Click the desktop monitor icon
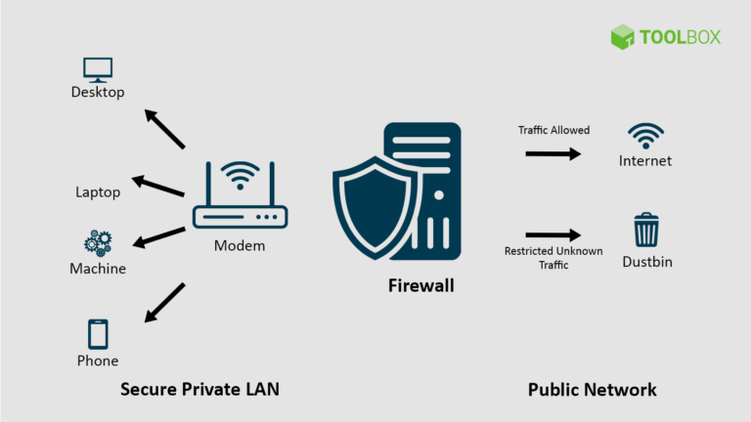click(98, 68)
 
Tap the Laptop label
click(98, 192)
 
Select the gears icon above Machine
click(98, 242)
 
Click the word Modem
click(240, 245)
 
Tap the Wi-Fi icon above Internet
click(645, 135)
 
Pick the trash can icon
click(646, 231)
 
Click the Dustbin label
click(646, 262)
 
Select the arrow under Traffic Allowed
click(552, 153)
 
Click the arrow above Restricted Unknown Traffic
click(552, 234)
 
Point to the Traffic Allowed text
click(553, 130)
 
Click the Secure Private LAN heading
click(199, 389)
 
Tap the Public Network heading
click(592, 389)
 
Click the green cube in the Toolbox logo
click(623, 37)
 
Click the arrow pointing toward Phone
click(164, 303)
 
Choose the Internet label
click(645, 160)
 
